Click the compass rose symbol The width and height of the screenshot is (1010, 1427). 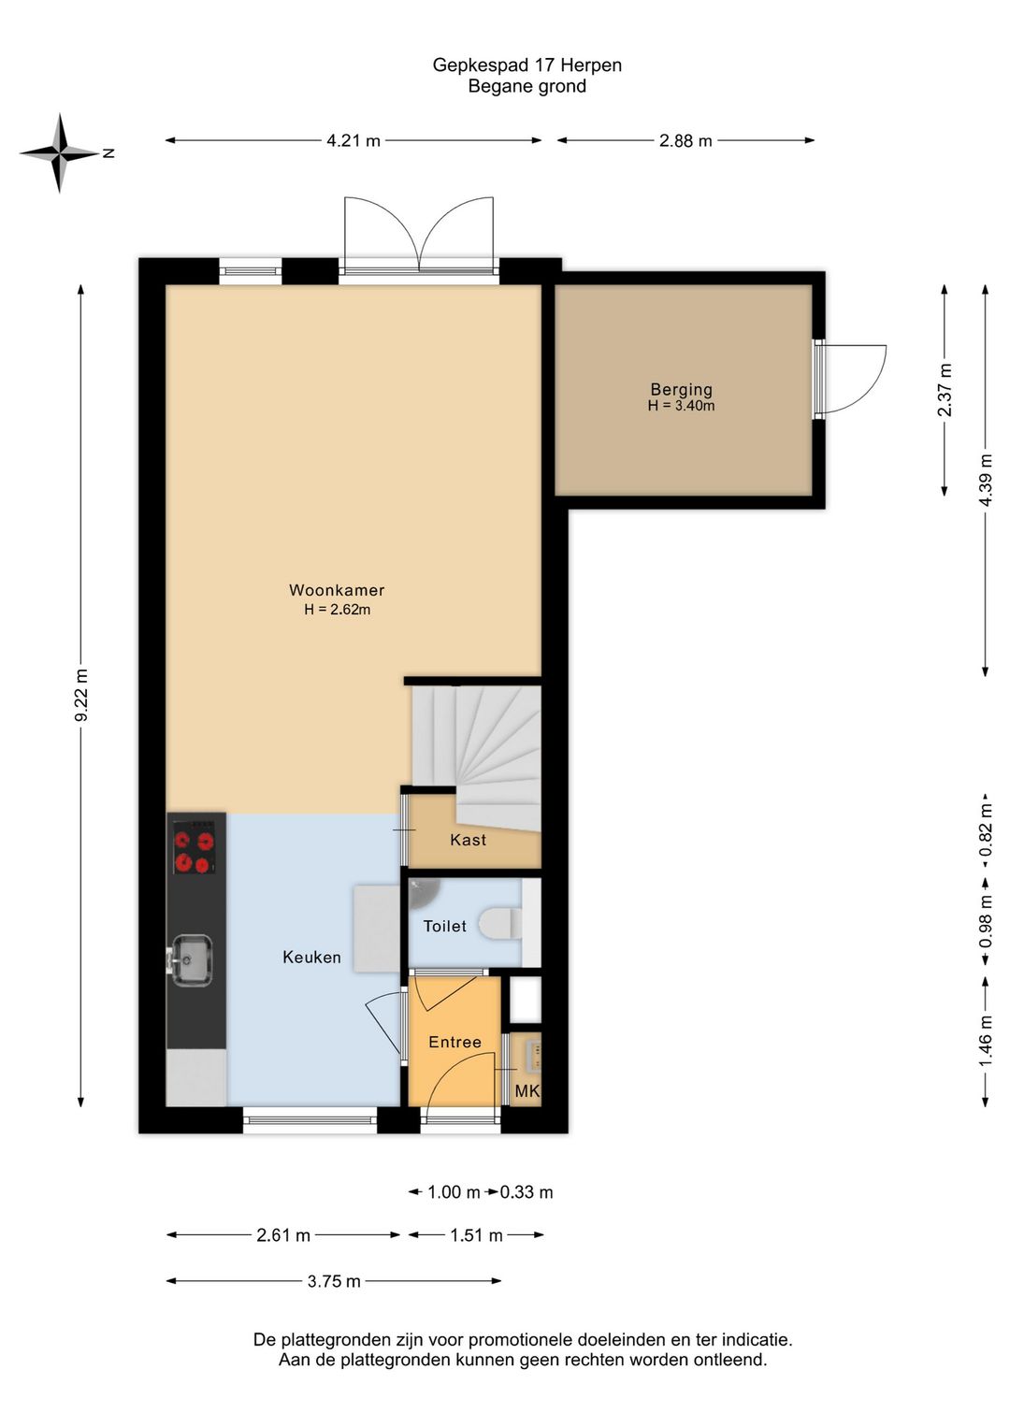[x=59, y=153]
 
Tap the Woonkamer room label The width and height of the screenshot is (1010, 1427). [x=337, y=590]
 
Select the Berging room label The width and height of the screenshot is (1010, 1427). [x=681, y=389]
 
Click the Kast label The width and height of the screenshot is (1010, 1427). [x=468, y=840]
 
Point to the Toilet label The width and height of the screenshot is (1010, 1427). [x=445, y=926]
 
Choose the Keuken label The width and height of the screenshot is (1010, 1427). [x=311, y=957]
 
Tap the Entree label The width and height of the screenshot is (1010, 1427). [x=455, y=1042]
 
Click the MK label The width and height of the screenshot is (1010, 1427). [x=527, y=1091]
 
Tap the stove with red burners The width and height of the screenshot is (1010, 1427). [x=195, y=848]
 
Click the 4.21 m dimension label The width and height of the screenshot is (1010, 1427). [x=353, y=141]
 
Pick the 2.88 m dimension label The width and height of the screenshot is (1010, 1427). [x=685, y=141]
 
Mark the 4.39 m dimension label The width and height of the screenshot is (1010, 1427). [x=985, y=480]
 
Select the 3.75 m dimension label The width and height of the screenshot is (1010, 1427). [x=334, y=1281]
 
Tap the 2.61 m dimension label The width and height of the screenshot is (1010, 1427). [x=283, y=1235]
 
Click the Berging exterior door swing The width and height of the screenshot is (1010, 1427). [x=854, y=379]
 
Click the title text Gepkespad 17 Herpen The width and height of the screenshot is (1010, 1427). [x=527, y=65]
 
